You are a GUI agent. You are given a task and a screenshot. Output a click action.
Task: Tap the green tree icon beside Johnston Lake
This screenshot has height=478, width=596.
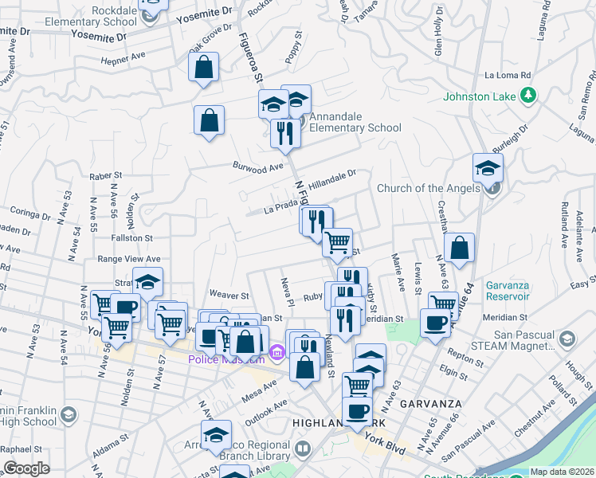[x=527, y=96]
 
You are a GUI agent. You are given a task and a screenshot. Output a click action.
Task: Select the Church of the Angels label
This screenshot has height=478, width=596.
[x=428, y=188]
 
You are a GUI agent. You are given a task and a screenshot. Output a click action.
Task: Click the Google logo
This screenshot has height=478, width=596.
[x=26, y=468]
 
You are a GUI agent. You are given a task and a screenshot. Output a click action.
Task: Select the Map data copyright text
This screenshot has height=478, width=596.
[x=561, y=472]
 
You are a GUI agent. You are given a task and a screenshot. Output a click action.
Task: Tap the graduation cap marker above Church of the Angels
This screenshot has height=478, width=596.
[x=488, y=167]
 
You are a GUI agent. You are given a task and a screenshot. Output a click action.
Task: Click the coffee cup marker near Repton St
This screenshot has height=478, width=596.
[x=435, y=323]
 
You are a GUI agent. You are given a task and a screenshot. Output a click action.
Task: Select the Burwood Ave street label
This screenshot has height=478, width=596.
[x=258, y=167]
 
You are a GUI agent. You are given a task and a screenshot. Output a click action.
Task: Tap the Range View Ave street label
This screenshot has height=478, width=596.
[x=128, y=259]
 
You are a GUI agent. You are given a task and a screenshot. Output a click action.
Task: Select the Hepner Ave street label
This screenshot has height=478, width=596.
[x=124, y=57]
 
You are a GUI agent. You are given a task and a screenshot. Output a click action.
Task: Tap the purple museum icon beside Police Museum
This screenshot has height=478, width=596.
[x=276, y=351]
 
